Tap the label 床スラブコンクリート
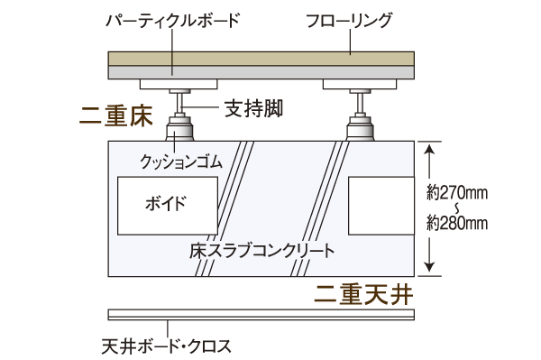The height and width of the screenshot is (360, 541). pos(262,248)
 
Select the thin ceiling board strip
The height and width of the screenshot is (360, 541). pos(261,316)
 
